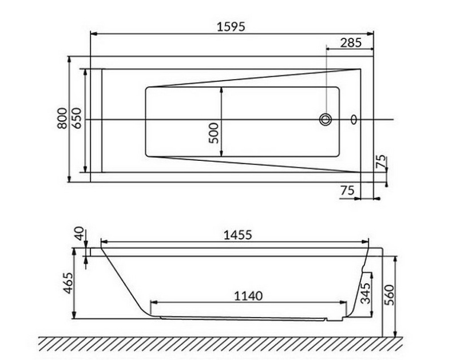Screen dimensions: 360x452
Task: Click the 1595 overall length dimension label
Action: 232,26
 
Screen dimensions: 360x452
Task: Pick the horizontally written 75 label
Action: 347,190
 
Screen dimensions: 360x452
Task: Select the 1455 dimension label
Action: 236,234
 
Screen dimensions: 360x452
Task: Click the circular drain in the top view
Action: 326,120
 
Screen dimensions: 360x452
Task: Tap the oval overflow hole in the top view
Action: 354,120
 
